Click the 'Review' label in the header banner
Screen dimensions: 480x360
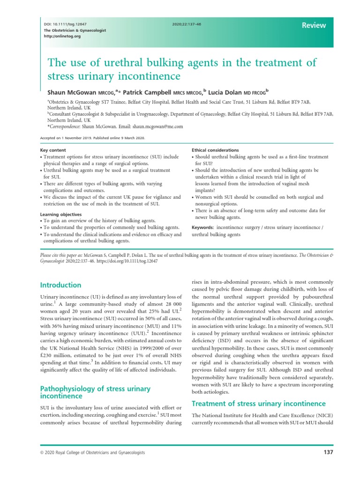[x=314, y=25]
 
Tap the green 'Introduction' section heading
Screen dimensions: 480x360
[x=61, y=285]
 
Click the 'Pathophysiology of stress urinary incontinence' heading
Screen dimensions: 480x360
[x=95, y=392]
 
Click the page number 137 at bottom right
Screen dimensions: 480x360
[x=328, y=452]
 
